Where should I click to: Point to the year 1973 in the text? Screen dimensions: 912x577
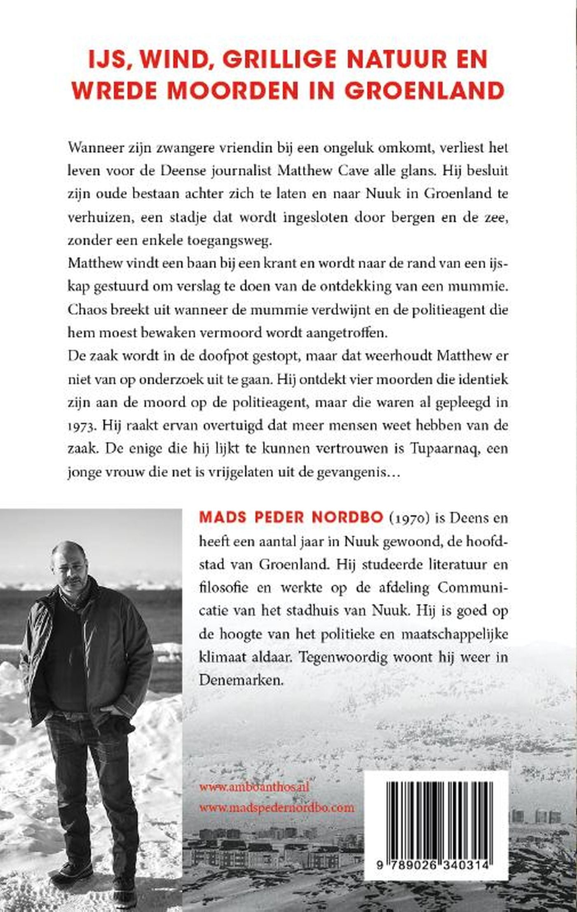tap(81, 426)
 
